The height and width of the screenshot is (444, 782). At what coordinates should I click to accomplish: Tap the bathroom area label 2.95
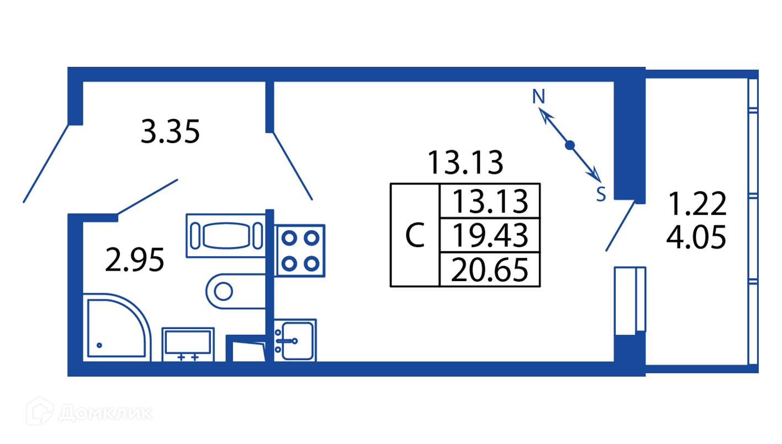tap(135, 260)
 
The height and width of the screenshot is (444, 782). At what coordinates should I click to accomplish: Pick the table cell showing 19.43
tap(489, 235)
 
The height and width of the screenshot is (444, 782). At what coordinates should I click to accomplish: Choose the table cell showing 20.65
tap(489, 270)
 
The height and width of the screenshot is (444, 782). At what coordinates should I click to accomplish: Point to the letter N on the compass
tap(538, 97)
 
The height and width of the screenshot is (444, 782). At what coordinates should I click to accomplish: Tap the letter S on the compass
tap(601, 194)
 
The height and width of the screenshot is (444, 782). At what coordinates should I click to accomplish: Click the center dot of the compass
tap(570, 145)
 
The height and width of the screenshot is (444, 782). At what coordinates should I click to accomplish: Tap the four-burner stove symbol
tap(300, 250)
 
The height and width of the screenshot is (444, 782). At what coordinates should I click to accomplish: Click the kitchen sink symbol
tap(295, 340)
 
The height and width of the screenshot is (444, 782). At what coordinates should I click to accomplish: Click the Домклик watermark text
tap(105, 413)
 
